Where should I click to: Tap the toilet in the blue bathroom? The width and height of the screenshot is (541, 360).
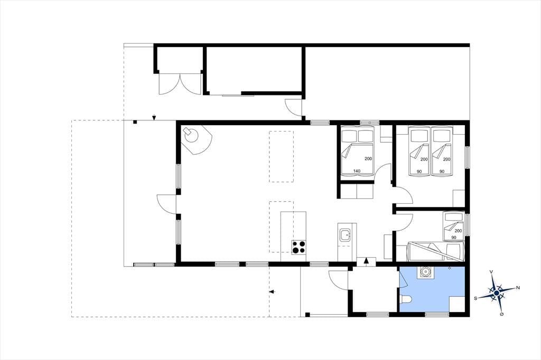[x=404, y=300]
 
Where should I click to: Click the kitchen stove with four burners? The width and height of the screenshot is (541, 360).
[x=299, y=247]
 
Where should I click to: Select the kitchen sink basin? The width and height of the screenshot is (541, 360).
[x=344, y=235]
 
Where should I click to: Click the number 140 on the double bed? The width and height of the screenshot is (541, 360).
[x=357, y=171]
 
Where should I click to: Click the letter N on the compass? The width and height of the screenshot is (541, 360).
[x=518, y=288]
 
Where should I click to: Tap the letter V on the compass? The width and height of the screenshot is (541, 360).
[x=491, y=272]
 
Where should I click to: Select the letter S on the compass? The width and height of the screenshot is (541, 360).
[x=475, y=299]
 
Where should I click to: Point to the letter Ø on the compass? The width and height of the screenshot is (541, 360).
[x=502, y=314]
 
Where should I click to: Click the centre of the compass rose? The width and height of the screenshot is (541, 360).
[x=497, y=293]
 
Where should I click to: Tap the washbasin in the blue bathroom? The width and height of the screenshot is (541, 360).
[x=427, y=272]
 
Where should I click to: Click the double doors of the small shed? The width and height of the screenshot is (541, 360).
[x=180, y=83]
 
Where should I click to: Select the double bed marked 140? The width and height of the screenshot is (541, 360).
[x=357, y=150]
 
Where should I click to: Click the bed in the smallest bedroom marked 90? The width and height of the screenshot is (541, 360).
[x=453, y=226]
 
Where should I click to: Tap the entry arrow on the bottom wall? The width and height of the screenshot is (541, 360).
[x=367, y=261]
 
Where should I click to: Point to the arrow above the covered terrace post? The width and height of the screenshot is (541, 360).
[x=154, y=118]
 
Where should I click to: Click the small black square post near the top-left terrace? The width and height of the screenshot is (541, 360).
[x=136, y=122]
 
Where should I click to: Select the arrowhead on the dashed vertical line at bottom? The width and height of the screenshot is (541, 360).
[x=272, y=292]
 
